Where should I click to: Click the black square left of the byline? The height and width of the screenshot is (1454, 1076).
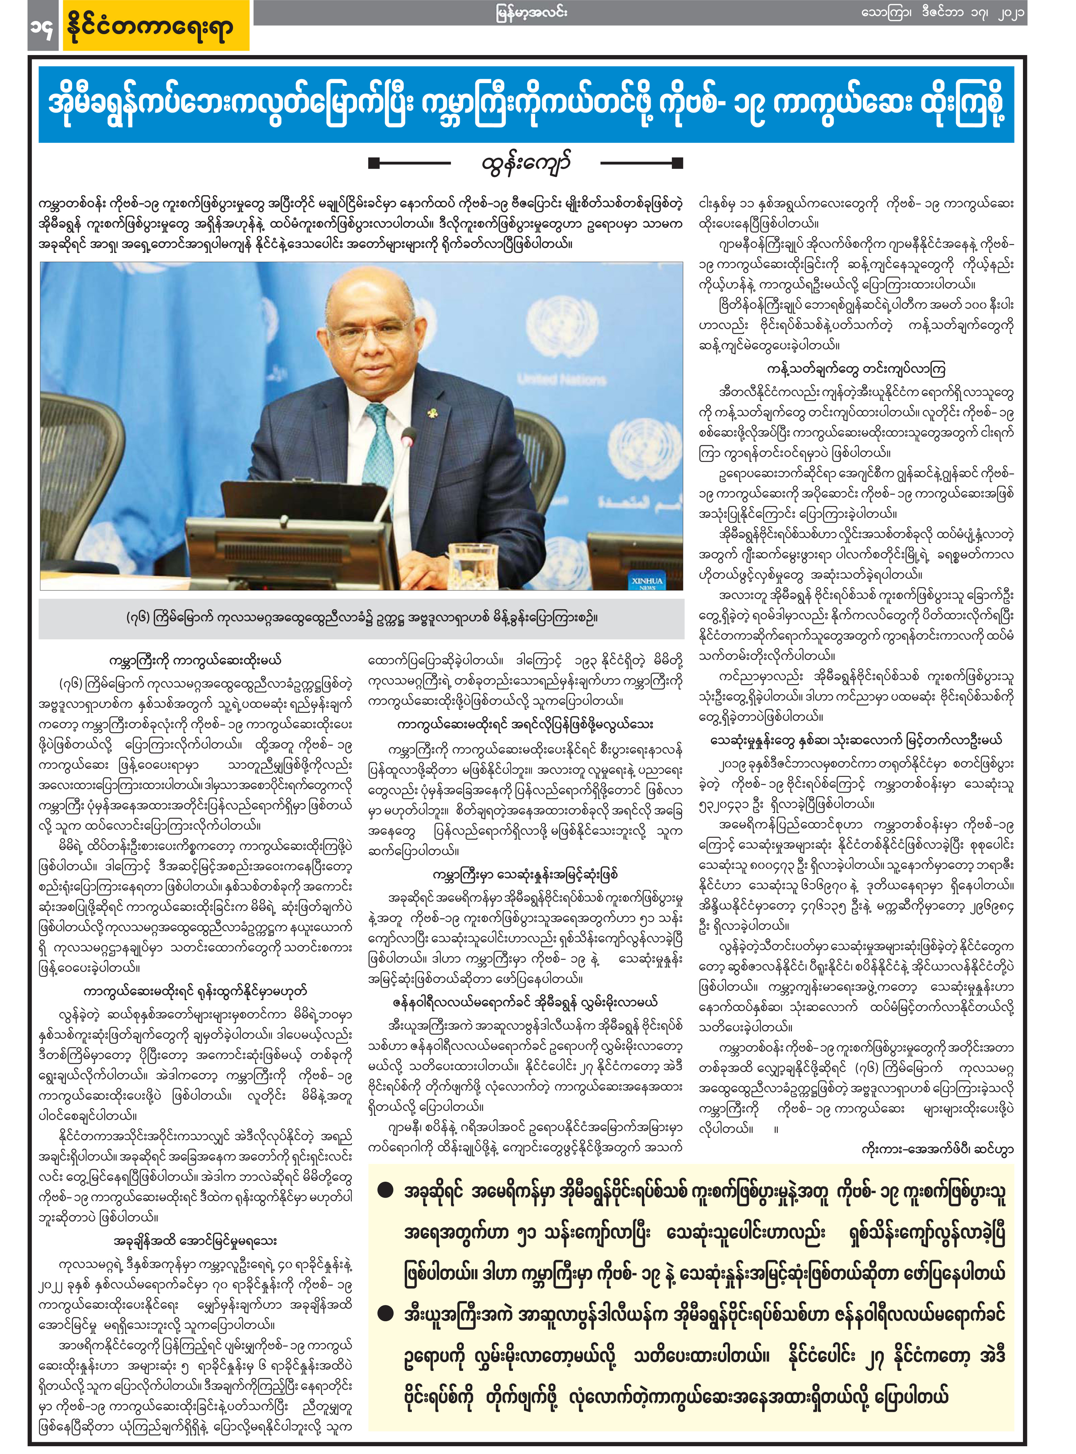373,163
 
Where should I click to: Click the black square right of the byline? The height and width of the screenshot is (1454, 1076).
677,163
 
